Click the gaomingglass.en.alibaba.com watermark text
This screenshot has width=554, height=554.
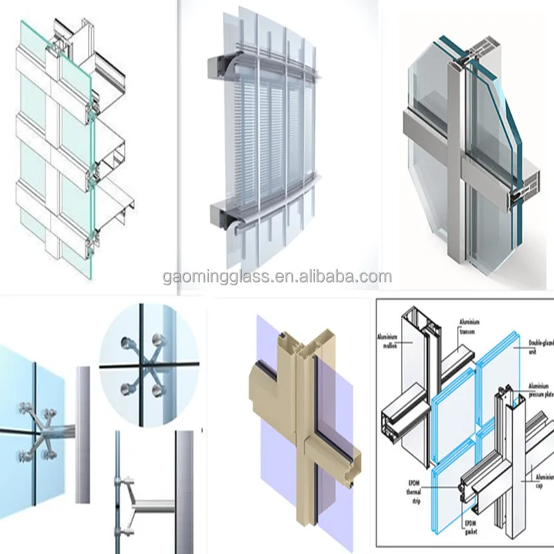click(277, 278)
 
